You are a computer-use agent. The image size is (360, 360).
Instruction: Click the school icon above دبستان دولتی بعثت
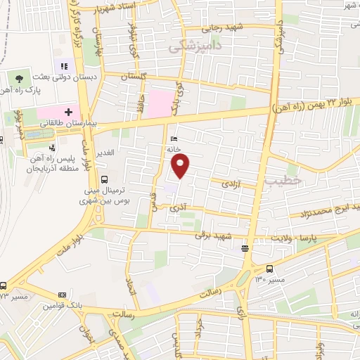(72, 66)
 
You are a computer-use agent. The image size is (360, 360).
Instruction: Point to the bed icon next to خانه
(174, 139)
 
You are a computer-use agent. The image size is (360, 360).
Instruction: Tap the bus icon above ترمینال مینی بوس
(104, 179)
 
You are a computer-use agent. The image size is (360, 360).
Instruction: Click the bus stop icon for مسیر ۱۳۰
(270, 268)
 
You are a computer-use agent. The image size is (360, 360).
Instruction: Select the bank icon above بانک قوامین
(63, 295)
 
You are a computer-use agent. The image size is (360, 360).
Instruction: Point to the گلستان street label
(134, 75)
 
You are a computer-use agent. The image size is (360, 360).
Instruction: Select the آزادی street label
(231, 183)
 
